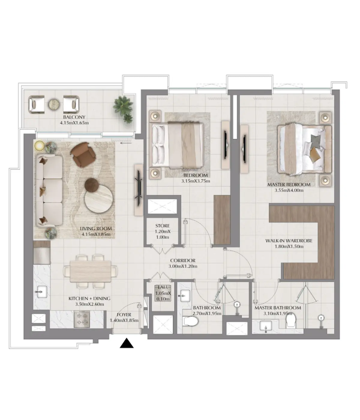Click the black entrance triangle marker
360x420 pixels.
click(x=127, y=343)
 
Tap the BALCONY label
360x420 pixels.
click(x=74, y=117)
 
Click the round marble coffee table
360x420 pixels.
click(x=99, y=198)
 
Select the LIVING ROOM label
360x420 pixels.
click(x=96, y=228)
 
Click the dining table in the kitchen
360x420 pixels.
click(x=90, y=271)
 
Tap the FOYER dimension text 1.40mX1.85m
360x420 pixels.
click(x=124, y=320)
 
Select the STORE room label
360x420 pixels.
click(x=163, y=226)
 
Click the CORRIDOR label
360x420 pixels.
click(x=183, y=260)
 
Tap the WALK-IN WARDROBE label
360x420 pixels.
click(x=289, y=241)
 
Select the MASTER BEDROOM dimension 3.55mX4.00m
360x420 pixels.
click(x=289, y=190)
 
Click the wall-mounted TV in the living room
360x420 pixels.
click(x=139, y=188)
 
